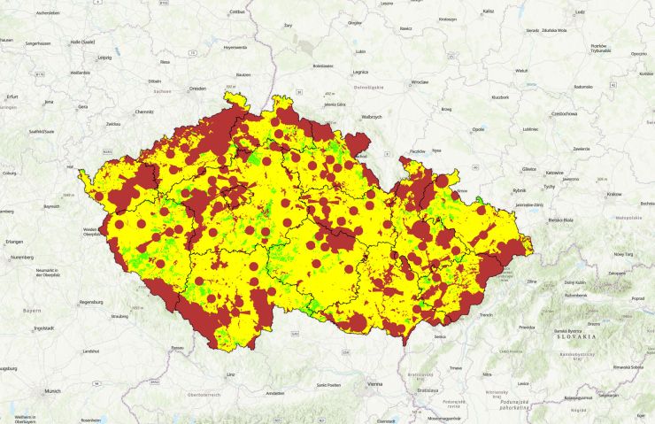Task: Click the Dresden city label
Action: point(196,89)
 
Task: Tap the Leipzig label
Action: point(105,58)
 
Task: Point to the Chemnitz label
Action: point(144,112)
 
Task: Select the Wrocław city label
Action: point(419,82)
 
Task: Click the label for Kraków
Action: point(614,194)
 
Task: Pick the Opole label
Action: point(478,129)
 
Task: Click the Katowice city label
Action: point(555,172)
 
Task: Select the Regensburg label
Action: point(91,302)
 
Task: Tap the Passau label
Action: point(179,348)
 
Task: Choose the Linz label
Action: point(231,374)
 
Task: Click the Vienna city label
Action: point(375,384)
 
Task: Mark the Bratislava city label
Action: point(428,389)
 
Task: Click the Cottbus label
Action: point(237,12)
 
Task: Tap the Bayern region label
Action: point(32,312)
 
